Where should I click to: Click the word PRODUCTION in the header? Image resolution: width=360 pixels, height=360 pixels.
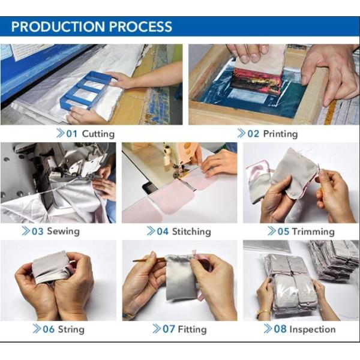[59, 26]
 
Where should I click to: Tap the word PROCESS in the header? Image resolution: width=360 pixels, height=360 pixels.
[140, 26]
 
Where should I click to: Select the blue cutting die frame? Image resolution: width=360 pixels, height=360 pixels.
[85, 90]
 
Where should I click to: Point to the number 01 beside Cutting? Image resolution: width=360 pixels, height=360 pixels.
[72, 134]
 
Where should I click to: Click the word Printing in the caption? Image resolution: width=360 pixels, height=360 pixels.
[280, 134]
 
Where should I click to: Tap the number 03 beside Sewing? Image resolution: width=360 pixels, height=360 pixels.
[37, 232]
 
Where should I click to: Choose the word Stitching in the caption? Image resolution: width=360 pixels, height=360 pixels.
[191, 232]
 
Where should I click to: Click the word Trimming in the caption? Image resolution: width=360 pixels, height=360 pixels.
[313, 232]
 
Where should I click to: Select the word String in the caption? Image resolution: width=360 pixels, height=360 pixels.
[71, 329]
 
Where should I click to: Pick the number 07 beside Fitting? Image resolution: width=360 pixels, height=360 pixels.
[169, 329]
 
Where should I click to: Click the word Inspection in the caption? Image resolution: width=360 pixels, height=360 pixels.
[313, 329]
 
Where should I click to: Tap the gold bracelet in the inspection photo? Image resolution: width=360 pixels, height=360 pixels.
[263, 312]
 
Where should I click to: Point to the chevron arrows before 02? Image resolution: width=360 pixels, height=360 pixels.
[241, 133]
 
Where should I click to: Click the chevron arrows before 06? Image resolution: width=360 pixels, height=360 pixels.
[37, 329]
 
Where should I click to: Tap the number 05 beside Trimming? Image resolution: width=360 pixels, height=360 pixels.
[283, 232]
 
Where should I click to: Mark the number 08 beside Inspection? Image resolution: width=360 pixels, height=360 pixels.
[280, 329]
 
